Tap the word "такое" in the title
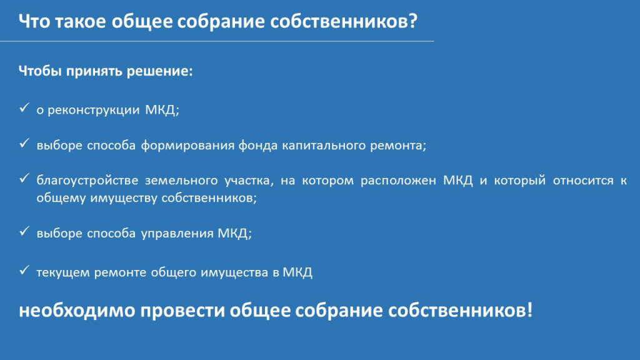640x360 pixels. tap(80, 22)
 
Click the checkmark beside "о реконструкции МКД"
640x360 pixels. tap(24, 107)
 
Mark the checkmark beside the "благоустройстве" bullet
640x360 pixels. tap(24, 178)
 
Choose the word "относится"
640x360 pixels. tap(583, 181)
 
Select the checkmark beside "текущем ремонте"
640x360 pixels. tap(24, 270)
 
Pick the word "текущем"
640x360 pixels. tap(63, 272)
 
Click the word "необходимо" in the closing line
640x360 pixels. tap(77, 311)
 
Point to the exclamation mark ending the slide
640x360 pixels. tap(530, 310)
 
